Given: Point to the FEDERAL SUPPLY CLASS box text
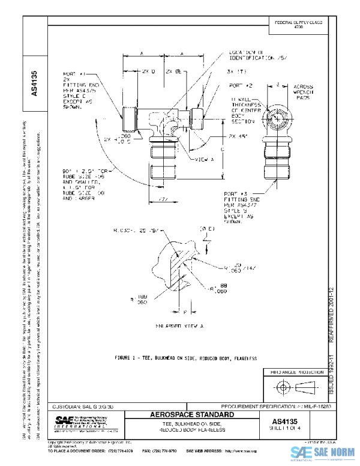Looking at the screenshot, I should tap(298, 24).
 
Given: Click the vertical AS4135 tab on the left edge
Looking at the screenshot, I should tap(34, 84).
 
